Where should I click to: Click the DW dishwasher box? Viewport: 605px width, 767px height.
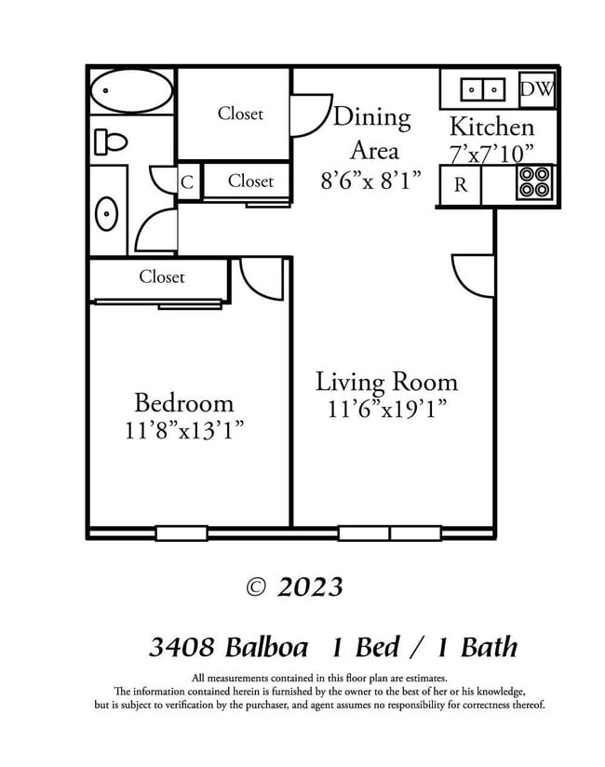click(x=536, y=89)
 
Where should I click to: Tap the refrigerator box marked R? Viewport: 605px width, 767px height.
click(x=460, y=184)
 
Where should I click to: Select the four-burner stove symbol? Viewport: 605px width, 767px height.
click(x=534, y=182)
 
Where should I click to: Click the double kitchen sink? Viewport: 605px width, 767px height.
click(x=482, y=89)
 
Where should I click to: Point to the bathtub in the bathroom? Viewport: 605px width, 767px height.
click(x=131, y=91)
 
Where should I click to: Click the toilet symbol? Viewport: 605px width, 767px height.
click(x=110, y=141)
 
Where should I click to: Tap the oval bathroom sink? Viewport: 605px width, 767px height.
click(x=107, y=214)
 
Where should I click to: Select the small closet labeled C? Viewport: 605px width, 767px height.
click(x=187, y=182)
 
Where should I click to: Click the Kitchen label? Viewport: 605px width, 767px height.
click(x=491, y=128)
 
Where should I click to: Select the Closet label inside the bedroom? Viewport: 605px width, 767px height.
click(x=162, y=276)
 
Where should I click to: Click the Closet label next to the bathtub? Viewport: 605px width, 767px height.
click(x=240, y=114)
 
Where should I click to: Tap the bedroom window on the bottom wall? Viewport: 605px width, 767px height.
click(x=181, y=533)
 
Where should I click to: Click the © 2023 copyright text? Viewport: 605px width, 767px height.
click(x=294, y=586)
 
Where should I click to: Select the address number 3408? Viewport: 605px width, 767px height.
click(x=182, y=647)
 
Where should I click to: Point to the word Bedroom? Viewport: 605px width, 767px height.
click(x=183, y=403)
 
